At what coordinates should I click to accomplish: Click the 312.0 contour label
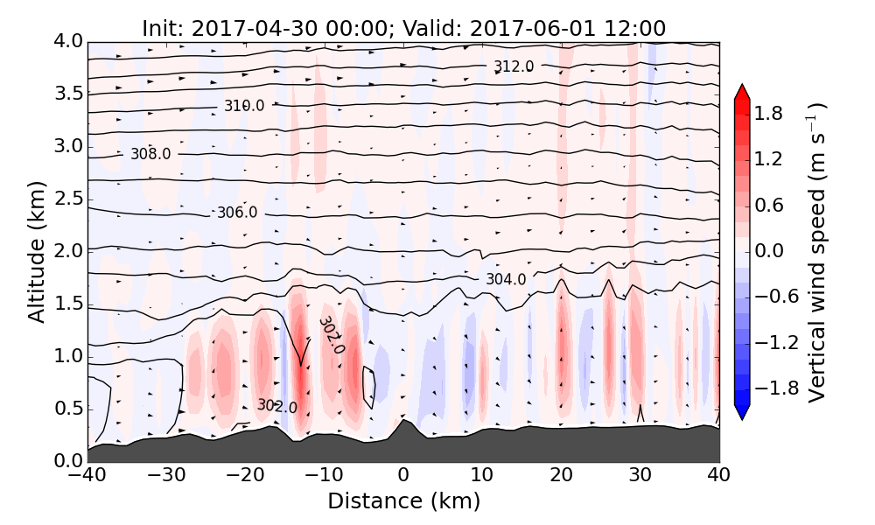coord(512,66)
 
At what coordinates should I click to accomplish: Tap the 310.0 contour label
coord(243,106)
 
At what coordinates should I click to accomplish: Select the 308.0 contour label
coord(150,154)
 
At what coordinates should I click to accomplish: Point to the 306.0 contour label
coord(237,213)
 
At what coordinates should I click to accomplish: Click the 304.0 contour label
coord(506,280)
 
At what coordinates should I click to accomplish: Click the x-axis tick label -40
coord(87,476)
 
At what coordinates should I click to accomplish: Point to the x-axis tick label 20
coord(561,476)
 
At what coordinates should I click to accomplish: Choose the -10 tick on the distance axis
coord(325,476)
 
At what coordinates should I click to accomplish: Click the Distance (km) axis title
coord(403,501)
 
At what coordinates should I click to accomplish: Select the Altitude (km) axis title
coord(37,251)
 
